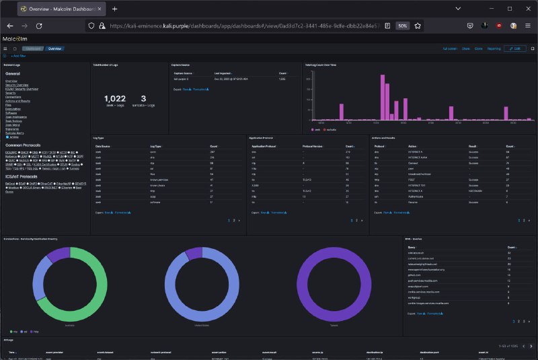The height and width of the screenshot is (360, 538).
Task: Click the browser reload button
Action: pos(39,25)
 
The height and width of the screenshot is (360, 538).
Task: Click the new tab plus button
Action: pos(114,9)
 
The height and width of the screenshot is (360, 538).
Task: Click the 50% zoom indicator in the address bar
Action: pos(401,25)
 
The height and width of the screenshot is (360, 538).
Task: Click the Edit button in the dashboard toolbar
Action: pos(516,49)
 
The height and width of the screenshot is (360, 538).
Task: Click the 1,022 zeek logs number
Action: pos(115,98)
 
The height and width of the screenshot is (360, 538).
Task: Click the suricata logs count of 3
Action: pos(143,98)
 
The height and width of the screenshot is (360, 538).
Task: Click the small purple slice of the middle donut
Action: pos(194,253)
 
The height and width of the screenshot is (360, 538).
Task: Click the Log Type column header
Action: pos(155,145)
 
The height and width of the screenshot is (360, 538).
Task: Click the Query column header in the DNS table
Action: pos(412,246)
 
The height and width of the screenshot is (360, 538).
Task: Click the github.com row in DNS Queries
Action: pos(414,275)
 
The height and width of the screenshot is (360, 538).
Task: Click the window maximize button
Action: pos(509,9)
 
